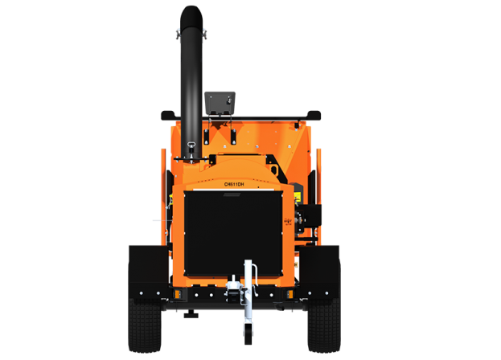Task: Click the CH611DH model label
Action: tap(234, 185)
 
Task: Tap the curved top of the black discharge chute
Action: tap(191, 17)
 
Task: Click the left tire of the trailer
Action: tap(145, 325)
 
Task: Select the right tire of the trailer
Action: tap(323, 325)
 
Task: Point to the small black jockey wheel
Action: tap(248, 333)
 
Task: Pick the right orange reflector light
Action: tap(290, 294)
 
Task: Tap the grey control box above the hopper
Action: tap(220, 103)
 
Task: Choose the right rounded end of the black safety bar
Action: tap(314, 115)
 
